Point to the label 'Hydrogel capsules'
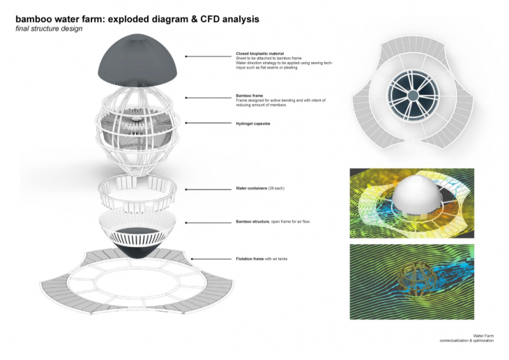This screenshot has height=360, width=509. tap(252, 123)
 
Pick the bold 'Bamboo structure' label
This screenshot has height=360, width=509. tap(252, 222)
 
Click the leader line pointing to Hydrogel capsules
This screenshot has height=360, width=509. tap(208, 123)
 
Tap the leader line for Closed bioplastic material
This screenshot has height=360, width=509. tap(209, 54)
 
